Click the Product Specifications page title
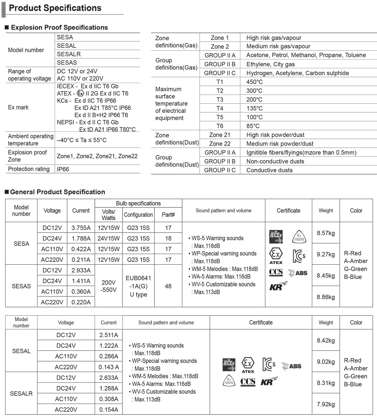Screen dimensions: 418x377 [55, 8]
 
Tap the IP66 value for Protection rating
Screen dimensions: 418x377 [63, 169]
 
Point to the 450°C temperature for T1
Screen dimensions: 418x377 [254, 82]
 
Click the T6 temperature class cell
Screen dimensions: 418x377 [220, 126]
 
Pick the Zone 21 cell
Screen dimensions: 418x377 [220, 135]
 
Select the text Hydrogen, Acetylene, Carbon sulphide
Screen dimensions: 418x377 [297, 73]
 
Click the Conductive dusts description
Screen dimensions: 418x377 [269, 170]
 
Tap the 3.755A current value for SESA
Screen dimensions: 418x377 [81, 228]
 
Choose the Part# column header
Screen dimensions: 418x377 [168, 215]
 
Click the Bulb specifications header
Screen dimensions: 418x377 [138, 203]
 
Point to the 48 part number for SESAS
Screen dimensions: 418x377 [168, 286]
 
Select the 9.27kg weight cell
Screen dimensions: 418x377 [326, 254]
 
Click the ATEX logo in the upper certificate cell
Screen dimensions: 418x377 [276, 256]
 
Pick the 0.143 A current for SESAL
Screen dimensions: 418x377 [109, 367]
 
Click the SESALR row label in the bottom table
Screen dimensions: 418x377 [21, 393]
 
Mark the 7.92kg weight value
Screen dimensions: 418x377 [326, 404]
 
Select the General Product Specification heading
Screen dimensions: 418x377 [58, 192]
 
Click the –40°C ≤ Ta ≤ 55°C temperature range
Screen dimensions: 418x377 [82, 140]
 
